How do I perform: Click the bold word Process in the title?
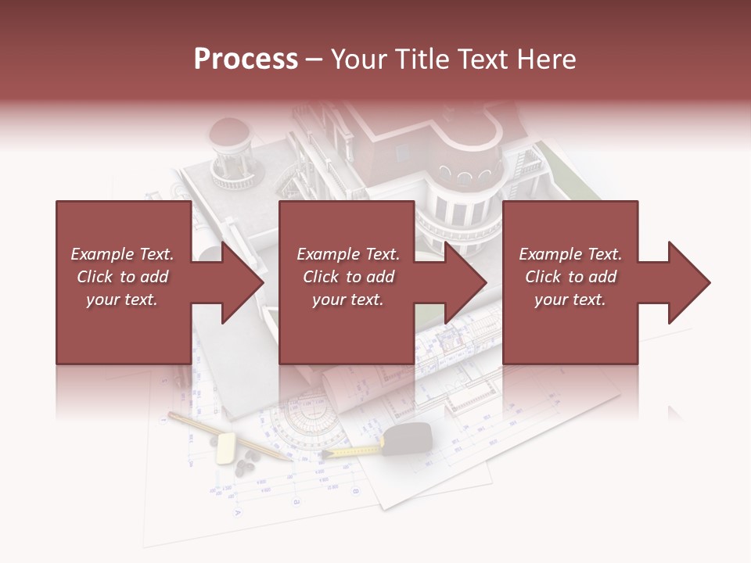tap(246, 59)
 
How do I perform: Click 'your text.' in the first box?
tap(122, 299)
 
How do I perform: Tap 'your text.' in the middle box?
tap(348, 299)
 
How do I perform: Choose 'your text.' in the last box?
tap(570, 299)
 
